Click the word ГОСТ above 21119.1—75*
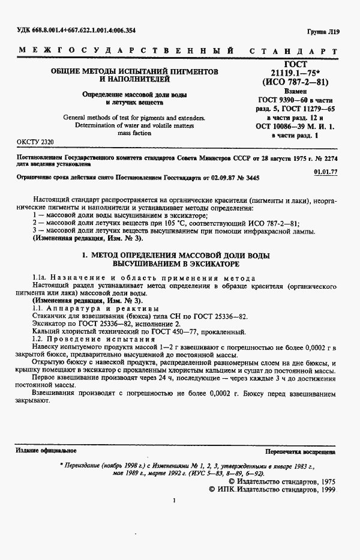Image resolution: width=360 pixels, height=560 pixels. [x=296, y=64]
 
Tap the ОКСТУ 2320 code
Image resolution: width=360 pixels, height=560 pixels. [x=32, y=142]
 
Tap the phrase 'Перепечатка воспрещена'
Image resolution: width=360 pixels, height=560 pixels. [x=299, y=450]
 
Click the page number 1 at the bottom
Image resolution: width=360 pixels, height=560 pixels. [x=173, y=501]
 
